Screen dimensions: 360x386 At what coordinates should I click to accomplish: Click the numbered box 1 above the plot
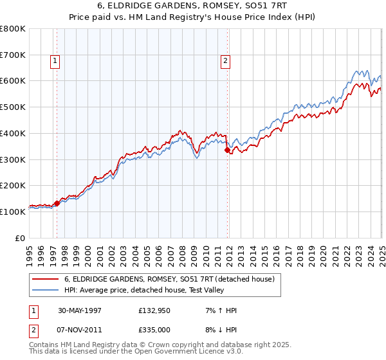click(x=56, y=62)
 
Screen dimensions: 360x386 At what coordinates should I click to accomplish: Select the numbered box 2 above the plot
click(x=226, y=62)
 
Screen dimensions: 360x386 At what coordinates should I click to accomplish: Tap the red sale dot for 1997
click(x=57, y=203)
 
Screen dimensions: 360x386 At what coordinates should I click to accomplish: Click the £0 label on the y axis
click(x=21, y=238)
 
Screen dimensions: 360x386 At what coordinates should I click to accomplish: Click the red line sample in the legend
click(x=45, y=279)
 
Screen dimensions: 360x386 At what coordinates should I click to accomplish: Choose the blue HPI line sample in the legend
click(x=45, y=290)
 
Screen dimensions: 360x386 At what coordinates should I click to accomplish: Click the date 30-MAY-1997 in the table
click(x=80, y=310)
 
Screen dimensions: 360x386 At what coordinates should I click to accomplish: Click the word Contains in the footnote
click(x=45, y=346)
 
